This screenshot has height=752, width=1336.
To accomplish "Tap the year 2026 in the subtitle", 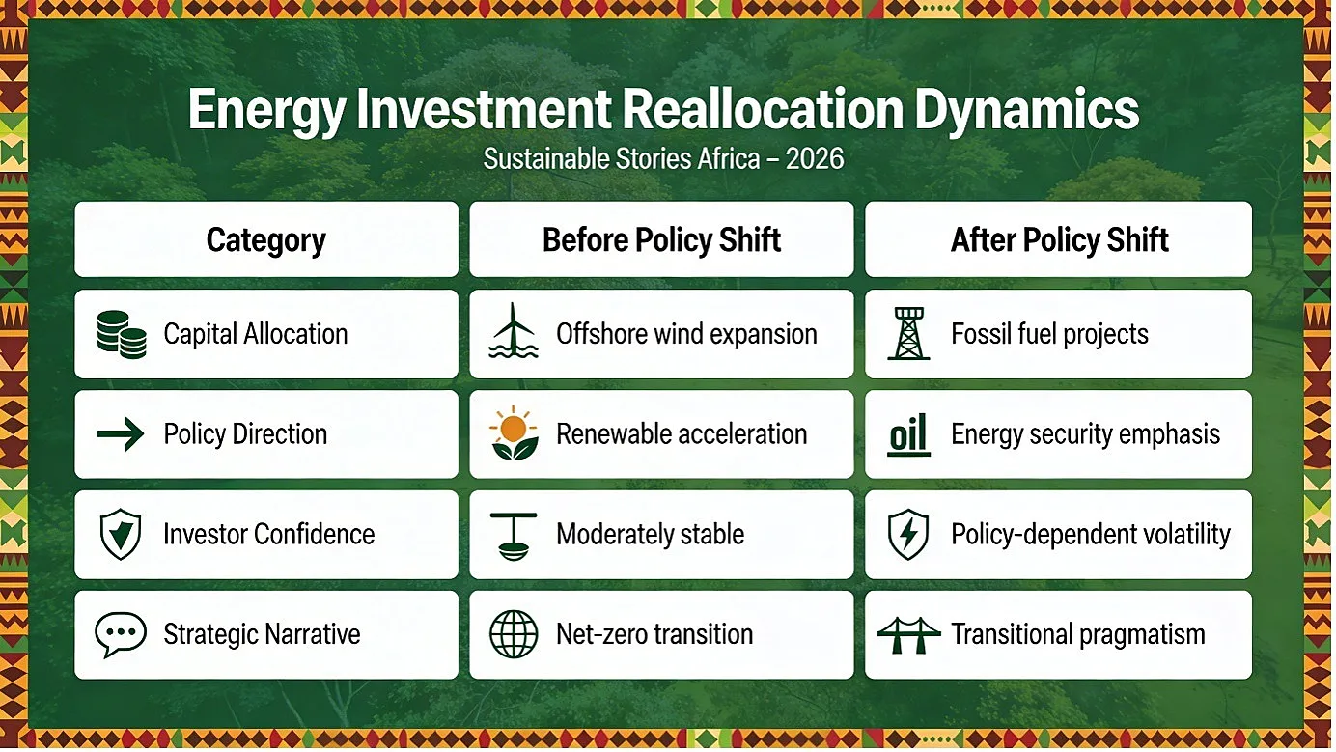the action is coord(814,159).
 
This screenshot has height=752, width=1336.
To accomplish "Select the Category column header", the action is coord(266,239).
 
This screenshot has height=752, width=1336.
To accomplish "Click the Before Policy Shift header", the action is coord(661,239).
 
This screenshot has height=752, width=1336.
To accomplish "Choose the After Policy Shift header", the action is coord(1059,239).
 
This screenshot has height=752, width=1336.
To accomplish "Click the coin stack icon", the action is coord(122,334).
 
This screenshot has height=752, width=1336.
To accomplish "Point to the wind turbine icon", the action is coord(514,330).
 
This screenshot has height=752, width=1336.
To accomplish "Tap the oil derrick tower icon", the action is coord(908,333).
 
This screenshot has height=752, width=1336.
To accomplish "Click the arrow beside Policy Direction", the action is coord(121,433).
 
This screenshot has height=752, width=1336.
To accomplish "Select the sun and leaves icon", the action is coord(514,433).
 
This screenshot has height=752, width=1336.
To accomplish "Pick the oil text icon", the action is coord(908,434).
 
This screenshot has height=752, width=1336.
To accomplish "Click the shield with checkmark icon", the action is coord(121,534).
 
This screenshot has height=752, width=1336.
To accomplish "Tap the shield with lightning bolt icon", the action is coord(908,535).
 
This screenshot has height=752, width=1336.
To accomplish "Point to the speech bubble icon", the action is coord(121,634).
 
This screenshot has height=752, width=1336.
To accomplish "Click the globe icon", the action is coord(514,634).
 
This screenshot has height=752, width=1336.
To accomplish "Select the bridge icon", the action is coord(908,635).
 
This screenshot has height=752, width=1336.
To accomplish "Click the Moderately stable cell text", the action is coord(650,535).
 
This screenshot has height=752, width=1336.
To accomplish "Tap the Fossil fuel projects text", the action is coord(1049,334).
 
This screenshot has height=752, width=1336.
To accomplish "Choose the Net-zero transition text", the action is coord(654,634).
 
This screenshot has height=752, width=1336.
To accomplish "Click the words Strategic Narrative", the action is coord(262,634).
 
